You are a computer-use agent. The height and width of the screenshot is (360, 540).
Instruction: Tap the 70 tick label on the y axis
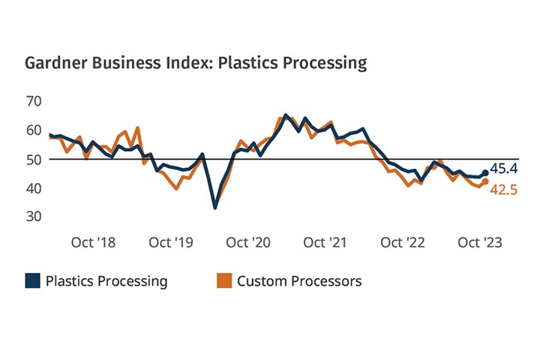34,100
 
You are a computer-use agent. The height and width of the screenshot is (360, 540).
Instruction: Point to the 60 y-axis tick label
34,130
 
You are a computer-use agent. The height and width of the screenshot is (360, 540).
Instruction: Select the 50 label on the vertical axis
34,159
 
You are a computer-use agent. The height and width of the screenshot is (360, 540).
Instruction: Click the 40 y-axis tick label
34,187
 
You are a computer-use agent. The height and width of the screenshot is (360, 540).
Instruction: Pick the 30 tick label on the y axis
34,216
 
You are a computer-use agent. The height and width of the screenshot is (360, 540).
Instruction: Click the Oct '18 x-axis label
94,242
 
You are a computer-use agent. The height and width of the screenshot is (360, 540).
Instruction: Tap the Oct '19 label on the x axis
171,242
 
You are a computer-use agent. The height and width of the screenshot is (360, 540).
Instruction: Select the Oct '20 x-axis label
248,242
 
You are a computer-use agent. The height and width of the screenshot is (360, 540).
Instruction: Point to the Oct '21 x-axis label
325,242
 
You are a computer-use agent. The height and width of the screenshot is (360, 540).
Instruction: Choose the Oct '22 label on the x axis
402,242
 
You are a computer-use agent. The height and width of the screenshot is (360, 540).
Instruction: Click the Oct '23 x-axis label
479,242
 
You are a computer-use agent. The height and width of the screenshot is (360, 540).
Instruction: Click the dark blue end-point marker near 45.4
485,172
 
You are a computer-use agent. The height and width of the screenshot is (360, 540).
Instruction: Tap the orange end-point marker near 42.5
485,181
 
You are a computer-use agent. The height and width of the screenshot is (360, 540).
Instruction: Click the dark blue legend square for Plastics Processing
32,281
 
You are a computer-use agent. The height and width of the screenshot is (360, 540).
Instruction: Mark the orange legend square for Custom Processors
223,281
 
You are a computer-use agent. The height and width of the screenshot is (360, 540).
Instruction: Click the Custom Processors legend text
299,281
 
